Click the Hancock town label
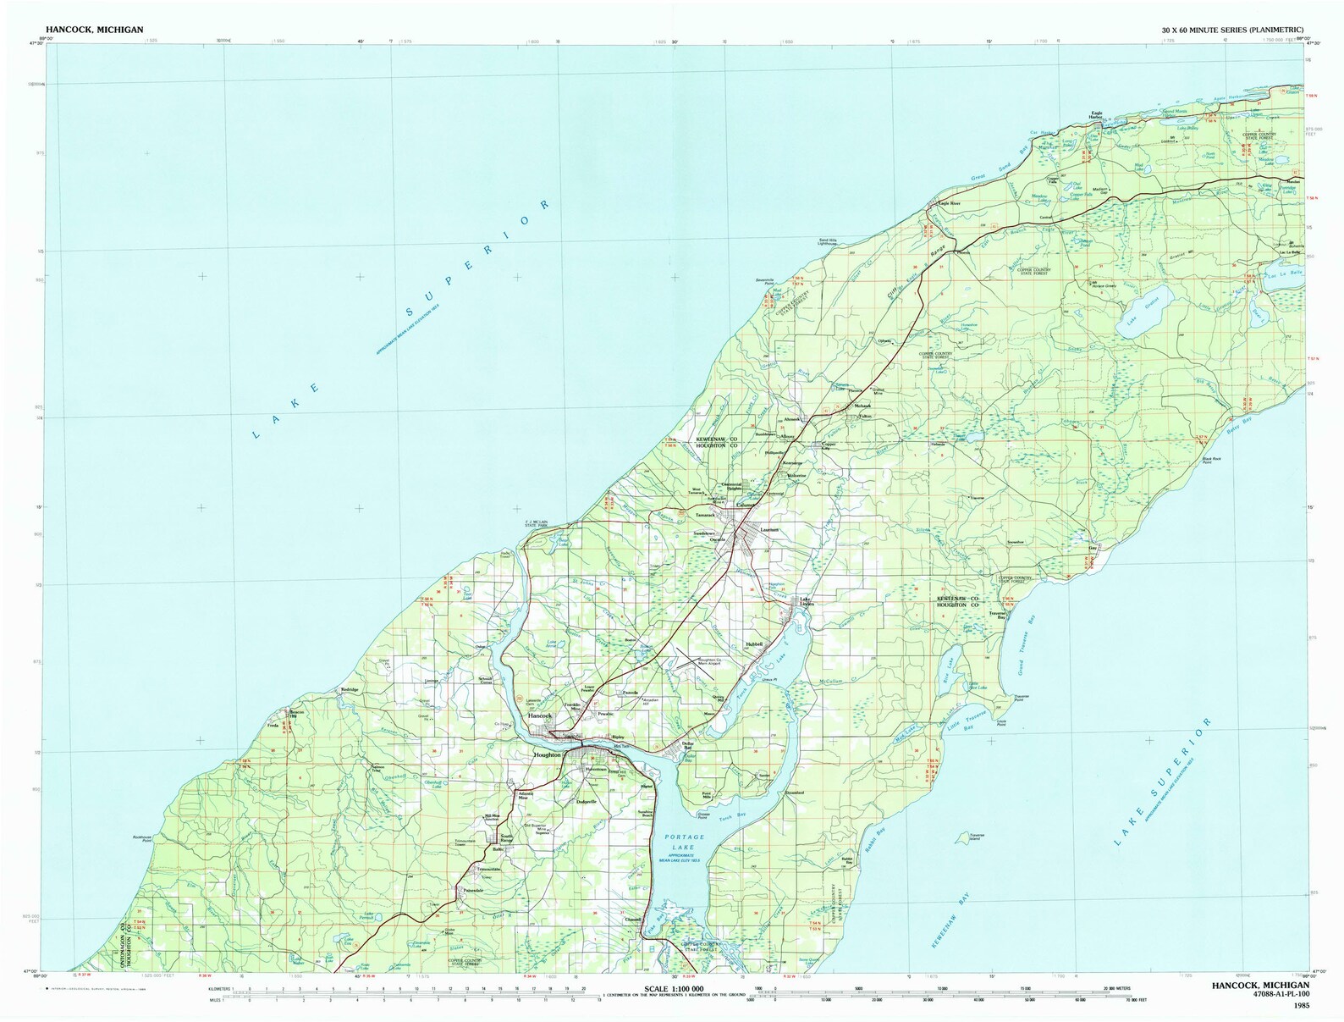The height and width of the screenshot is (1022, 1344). coord(539,716)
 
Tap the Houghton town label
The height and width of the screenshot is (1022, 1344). coord(547,754)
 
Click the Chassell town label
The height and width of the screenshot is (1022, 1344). coord(634,920)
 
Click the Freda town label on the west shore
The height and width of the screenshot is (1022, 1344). coord(273,725)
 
